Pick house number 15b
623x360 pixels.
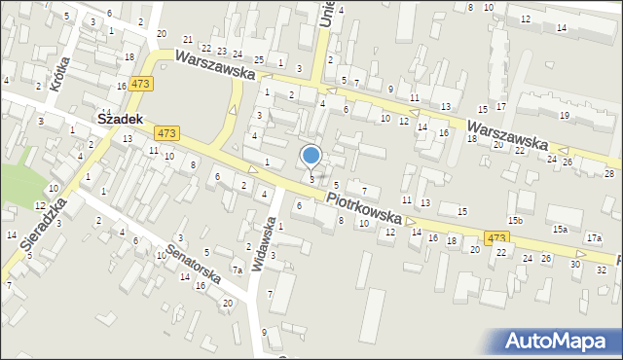[514, 221]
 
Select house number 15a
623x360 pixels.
[560, 230]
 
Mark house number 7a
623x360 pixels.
[237, 270]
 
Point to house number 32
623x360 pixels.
[601, 269]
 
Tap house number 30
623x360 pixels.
[575, 264]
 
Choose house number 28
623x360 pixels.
[609, 173]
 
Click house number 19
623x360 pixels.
[565, 116]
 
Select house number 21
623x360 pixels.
[188, 40]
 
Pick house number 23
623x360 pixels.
[222, 52]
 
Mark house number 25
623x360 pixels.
[259, 59]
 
